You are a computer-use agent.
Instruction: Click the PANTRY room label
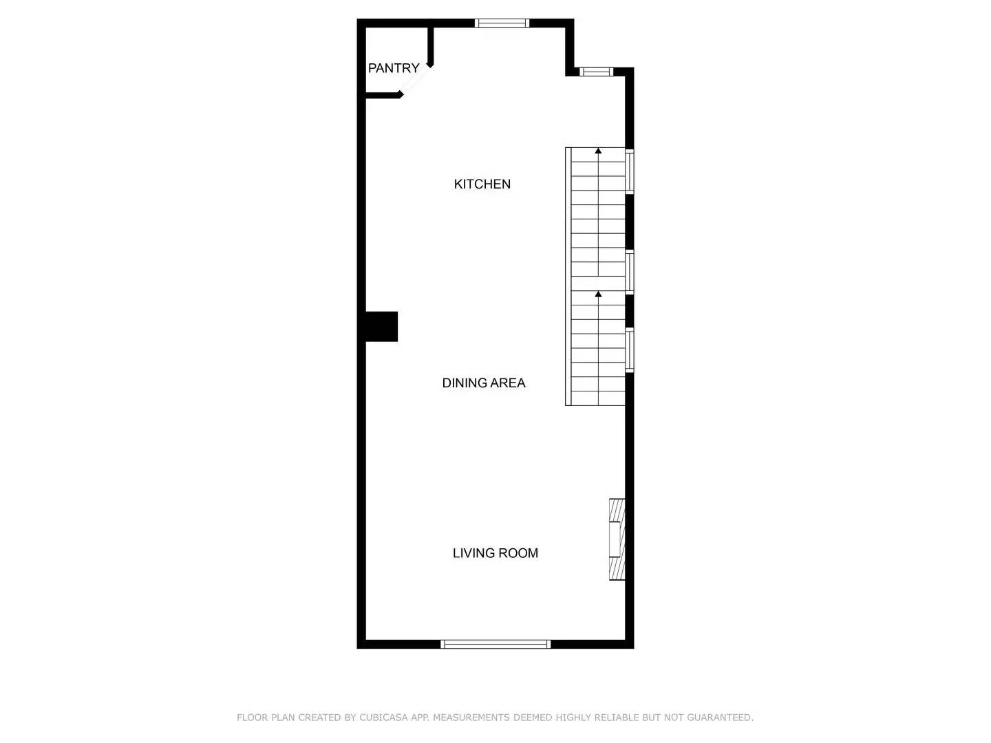coord(394,68)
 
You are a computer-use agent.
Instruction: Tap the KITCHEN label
coord(482,184)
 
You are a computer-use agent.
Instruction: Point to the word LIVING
coord(473,553)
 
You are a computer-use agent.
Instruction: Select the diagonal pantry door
coord(415,80)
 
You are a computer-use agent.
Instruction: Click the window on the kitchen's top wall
coord(502,23)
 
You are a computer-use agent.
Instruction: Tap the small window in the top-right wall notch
coord(596,71)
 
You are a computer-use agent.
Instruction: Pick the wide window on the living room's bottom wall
coord(495,644)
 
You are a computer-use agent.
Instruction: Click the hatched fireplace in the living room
coord(617,539)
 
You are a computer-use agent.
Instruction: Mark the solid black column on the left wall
coord(381,327)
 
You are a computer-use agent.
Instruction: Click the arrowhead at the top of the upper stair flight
coord(599,150)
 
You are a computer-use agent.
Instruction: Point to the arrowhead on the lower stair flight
coord(599,294)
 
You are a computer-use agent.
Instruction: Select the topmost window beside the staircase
coord(630,171)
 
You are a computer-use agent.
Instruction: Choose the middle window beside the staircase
coord(630,273)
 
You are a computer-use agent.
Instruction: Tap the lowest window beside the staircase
coord(630,350)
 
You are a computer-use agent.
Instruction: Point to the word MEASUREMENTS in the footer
coord(471,718)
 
